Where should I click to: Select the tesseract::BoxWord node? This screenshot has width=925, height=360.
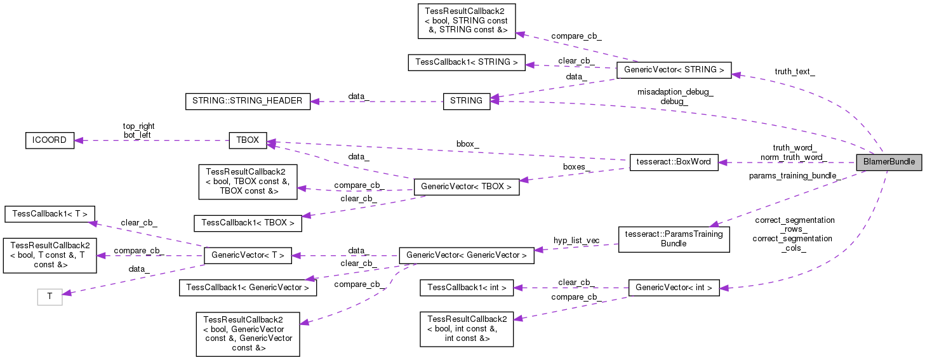tap(673, 162)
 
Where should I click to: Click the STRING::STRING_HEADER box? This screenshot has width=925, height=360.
tap(248, 101)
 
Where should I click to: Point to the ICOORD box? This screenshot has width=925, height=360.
tap(50, 140)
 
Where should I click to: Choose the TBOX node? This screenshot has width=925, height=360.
tap(248, 140)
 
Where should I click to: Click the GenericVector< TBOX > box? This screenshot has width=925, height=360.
tap(466, 187)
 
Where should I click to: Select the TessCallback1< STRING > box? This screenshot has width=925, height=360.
tap(466, 62)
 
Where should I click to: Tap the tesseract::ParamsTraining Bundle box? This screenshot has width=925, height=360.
tap(674, 239)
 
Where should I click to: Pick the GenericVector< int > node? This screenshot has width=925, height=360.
tap(673, 288)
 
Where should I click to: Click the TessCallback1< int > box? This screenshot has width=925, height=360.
tap(467, 288)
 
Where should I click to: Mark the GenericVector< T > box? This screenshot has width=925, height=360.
tap(248, 255)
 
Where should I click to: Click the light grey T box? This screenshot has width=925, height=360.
tap(50, 297)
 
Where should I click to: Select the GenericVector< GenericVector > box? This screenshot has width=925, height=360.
tap(466, 255)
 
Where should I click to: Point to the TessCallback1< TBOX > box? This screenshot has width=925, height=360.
tap(248, 223)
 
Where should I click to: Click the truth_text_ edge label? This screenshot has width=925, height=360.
tap(795, 72)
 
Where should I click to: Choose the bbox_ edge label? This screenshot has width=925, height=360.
tap(468, 144)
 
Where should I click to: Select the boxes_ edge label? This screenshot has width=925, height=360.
tap(577, 168)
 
